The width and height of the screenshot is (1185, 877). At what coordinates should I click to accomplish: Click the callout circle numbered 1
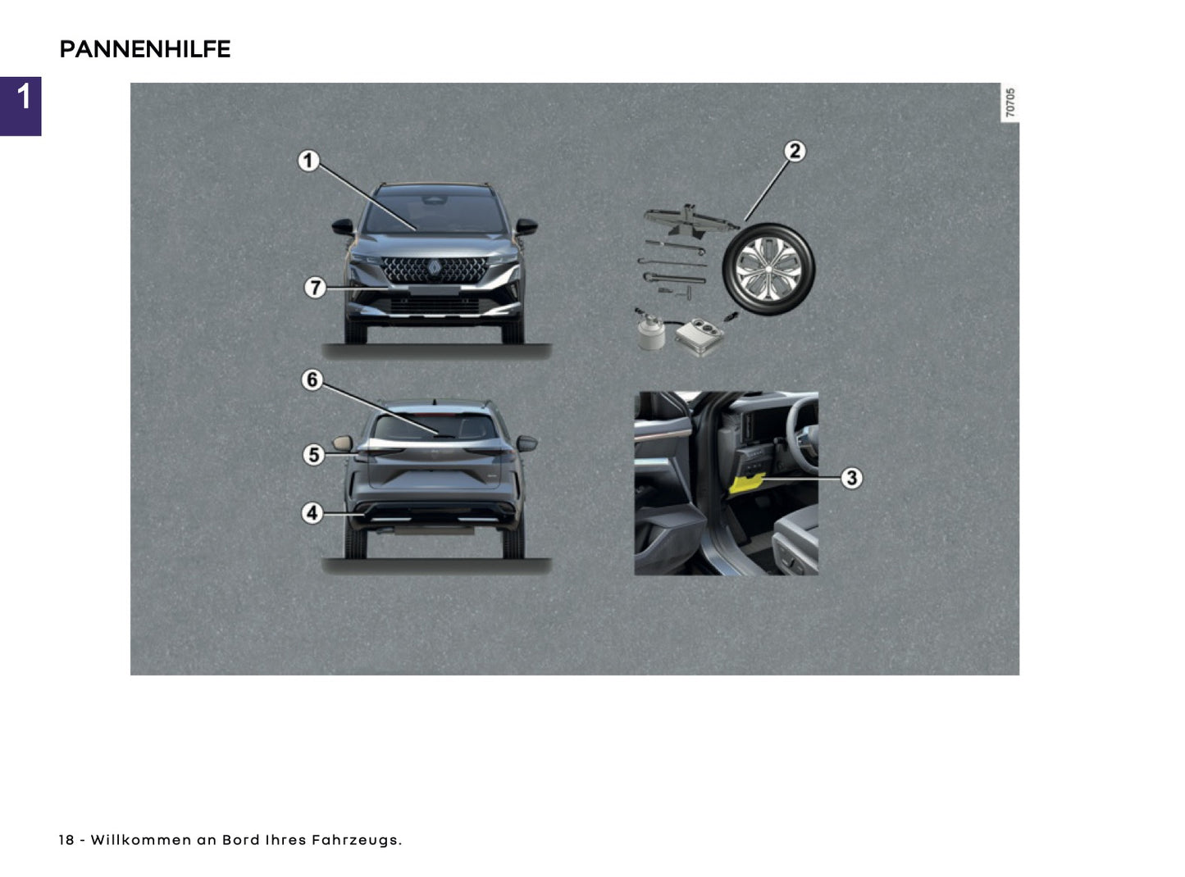[x=308, y=161]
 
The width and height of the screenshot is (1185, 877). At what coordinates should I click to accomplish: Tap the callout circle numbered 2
[x=794, y=152]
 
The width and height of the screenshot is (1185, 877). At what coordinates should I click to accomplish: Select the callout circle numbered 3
[x=851, y=477]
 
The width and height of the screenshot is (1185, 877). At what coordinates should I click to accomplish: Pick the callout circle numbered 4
[x=312, y=513]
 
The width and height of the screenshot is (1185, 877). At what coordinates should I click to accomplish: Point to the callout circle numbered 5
[x=313, y=454]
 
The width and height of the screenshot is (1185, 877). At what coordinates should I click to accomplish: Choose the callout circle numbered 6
[x=312, y=380]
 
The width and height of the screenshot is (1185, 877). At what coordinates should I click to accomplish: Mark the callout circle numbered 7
[x=315, y=288]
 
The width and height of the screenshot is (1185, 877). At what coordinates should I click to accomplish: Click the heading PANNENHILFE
[x=145, y=50]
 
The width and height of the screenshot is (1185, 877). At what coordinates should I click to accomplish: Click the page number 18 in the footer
[x=66, y=840]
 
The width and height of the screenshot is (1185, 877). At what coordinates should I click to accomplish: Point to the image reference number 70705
[x=1010, y=102]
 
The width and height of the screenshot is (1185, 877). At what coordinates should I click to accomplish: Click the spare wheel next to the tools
[x=768, y=270]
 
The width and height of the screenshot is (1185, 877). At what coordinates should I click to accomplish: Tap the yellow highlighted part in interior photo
[x=746, y=482]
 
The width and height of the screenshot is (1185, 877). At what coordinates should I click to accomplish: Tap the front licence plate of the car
[x=434, y=289]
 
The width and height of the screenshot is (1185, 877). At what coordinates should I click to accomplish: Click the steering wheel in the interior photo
[x=800, y=426]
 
